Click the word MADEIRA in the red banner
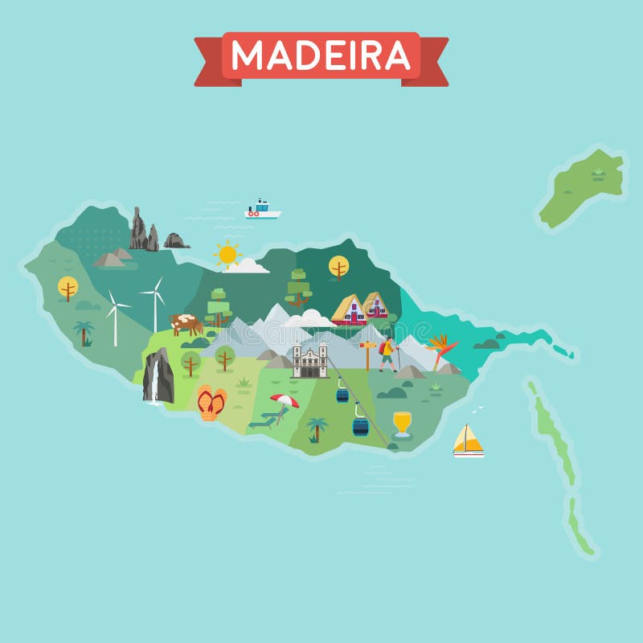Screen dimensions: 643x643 point(321,55)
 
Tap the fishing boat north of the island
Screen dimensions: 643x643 point(262,211)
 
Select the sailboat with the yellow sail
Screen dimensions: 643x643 point(468,440)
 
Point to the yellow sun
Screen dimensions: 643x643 point(227,254)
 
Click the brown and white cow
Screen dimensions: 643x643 point(186,324)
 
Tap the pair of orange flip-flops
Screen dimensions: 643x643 point(211,402)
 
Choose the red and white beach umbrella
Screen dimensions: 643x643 point(284,400)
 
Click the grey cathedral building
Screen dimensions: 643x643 point(310,360)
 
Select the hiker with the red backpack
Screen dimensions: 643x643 point(387,353)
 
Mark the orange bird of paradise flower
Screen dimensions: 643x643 point(441,348)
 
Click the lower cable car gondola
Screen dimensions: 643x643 point(360,425)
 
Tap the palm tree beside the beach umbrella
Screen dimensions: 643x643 point(317,428)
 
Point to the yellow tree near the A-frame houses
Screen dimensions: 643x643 point(338,266)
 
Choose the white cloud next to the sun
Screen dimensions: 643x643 point(248,265)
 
